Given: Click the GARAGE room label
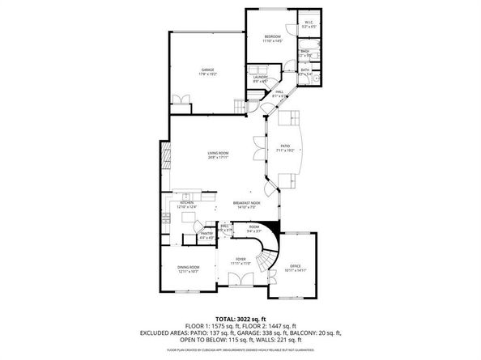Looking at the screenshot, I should coord(207,70).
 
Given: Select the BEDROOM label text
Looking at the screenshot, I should coord(272,36).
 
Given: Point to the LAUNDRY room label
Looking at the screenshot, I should coord(260,77).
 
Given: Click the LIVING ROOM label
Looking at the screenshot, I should coord(218,154).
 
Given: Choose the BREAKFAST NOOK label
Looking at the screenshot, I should coord(246,203).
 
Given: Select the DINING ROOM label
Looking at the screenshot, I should coord(189,269).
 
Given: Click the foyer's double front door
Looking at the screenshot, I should coord(240,280).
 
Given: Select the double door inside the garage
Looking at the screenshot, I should coord(181,100).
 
